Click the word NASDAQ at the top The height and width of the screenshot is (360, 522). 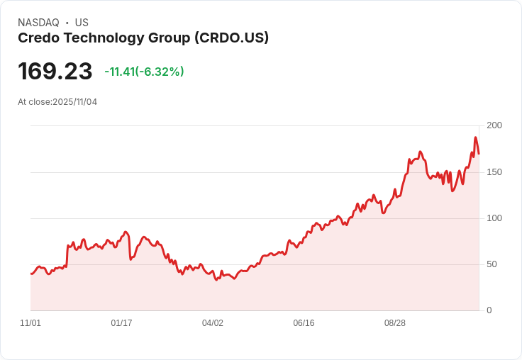(38, 23)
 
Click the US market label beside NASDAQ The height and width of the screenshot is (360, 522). (82, 23)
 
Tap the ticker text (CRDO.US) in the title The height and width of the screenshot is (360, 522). (231, 38)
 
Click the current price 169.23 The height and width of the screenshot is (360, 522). (55, 72)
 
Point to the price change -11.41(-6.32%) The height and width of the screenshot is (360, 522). (144, 72)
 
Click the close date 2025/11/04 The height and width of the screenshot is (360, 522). (74, 102)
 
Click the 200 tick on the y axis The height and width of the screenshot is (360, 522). (494, 125)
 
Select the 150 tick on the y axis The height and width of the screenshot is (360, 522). (494, 172)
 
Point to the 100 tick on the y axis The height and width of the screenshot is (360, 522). (494, 218)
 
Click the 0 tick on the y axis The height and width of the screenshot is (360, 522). (489, 310)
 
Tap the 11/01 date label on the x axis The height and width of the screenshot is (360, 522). (30, 323)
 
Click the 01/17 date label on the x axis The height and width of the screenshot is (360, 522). (121, 323)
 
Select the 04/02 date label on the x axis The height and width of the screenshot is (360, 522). (213, 323)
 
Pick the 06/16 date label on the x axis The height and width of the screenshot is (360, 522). (304, 323)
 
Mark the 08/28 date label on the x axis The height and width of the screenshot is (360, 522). (395, 323)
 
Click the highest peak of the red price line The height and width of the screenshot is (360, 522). (475, 137)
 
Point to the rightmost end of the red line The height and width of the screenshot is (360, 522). (479, 154)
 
